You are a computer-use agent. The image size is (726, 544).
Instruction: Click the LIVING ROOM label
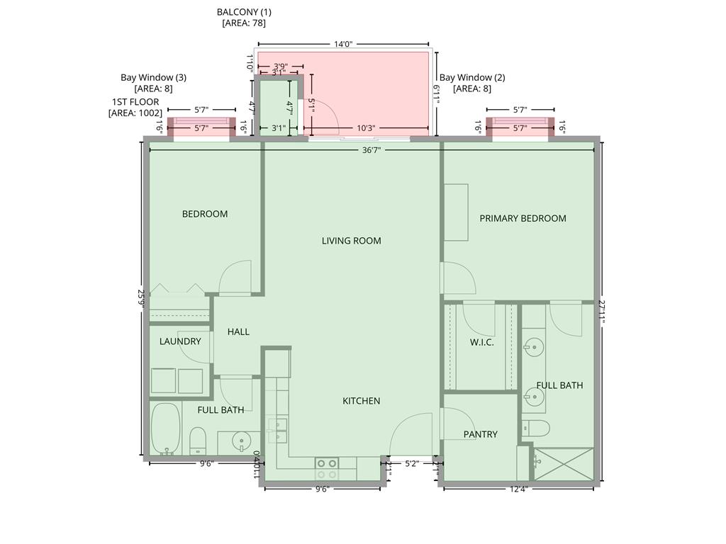click(x=351, y=241)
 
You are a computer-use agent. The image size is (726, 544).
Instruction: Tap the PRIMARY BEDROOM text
click(x=523, y=218)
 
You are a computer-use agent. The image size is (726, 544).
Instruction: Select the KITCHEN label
click(x=361, y=401)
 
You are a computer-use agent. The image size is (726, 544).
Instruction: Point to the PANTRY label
click(x=480, y=434)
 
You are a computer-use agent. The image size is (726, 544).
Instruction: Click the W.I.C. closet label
click(x=481, y=342)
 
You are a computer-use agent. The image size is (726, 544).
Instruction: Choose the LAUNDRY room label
click(x=180, y=341)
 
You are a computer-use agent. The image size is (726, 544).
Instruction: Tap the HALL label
click(x=238, y=331)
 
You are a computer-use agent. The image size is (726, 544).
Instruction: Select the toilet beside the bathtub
click(x=197, y=441)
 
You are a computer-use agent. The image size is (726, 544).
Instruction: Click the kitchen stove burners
click(x=327, y=468)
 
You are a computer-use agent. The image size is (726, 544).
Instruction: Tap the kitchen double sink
click(x=277, y=431)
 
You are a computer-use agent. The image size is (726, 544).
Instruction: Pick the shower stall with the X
click(x=562, y=464)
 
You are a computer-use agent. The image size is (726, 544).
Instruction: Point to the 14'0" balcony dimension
click(x=343, y=44)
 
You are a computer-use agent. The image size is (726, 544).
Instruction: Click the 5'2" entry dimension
click(x=411, y=465)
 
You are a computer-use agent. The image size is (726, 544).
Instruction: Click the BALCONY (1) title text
click(x=244, y=12)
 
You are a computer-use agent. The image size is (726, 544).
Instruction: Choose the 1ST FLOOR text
click(x=135, y=102)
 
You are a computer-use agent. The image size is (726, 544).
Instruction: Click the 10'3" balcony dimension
click(x=366, y=128)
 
